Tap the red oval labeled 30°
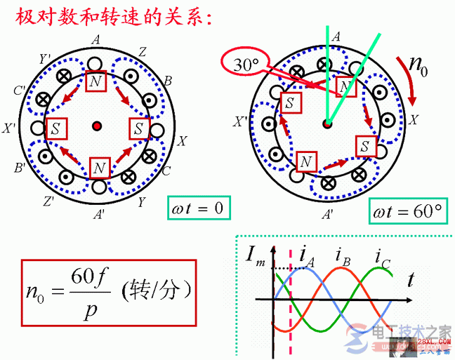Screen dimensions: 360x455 [x=248, y=64]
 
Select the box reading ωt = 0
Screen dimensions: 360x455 [x=201, y=208]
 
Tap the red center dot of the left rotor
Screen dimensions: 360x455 [x=97, y=126]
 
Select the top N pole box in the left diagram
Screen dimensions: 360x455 [x=96, y=82]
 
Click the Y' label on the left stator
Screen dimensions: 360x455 [x=46, y=58]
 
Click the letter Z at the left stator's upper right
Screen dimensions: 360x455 [x=142, y=51]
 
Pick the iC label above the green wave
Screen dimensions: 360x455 [x=382, y=255]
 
